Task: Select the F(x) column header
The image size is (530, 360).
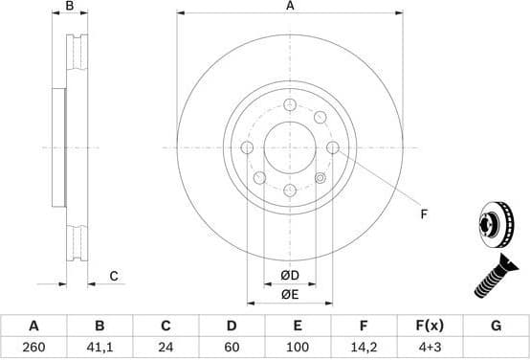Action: [x=430, y=326]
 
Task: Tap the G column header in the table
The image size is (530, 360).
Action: [x=496, y=326]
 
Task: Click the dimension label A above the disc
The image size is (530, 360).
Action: [x=290, y=7]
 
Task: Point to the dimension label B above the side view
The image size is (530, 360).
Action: [x=69, y=7]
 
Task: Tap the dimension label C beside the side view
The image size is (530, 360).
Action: [x=113, y=277]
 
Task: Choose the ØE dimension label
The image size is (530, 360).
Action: [x=289, y=295]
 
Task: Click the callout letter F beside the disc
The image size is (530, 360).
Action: [x=423, y=214]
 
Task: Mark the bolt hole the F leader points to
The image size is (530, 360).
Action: [x=332, y=147]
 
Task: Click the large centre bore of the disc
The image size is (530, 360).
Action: [x=290, y=147]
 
